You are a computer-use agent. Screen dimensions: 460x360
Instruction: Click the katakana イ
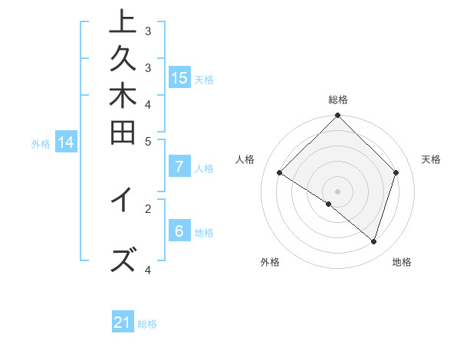(x=123, y=200)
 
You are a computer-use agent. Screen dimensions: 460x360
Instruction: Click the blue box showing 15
(x=179, y=77)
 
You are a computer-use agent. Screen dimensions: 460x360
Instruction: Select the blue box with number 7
(x=179, y=167)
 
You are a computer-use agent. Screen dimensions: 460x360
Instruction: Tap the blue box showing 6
(x=179, y=231)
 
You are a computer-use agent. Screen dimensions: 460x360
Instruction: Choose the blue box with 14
(x=66, y=142)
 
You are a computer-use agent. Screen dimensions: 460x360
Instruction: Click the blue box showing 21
(x=123, y=322)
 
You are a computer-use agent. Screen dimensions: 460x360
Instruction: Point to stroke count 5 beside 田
(x=148, y=141)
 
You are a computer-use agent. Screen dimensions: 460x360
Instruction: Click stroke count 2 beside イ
(x=148, y=207)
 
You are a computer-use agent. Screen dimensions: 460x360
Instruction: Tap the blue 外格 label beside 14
(x=41, y=142)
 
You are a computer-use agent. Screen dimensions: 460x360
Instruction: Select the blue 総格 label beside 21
(x=147, y=324)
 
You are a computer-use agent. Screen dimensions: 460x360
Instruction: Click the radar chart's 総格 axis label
(x=338, y=100)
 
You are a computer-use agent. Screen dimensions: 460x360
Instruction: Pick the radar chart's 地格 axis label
(x=402, y=262)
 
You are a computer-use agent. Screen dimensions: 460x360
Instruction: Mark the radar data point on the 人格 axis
(x=280, y=173)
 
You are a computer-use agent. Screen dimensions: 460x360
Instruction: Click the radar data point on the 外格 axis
(x=329, y=204)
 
